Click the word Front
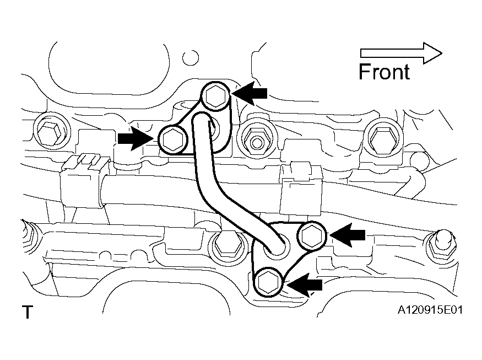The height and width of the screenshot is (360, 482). tap(384, 72)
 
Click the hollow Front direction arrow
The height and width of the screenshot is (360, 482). tap(401, 53)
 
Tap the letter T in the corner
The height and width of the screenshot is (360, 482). tap(28, 312)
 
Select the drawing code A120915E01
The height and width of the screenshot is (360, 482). tap(430, 310)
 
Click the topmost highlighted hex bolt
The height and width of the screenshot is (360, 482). tap(216, 96)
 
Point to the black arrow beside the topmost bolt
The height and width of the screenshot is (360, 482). tap(250, 93)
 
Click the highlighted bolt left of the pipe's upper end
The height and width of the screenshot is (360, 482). tap(173, 140)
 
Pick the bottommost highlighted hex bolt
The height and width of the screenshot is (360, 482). tap(268, 282)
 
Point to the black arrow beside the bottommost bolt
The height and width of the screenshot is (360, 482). tap(304, 285)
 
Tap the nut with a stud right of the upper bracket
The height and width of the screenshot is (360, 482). tap(256, 142)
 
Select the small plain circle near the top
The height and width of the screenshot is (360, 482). tap(191, 57)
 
